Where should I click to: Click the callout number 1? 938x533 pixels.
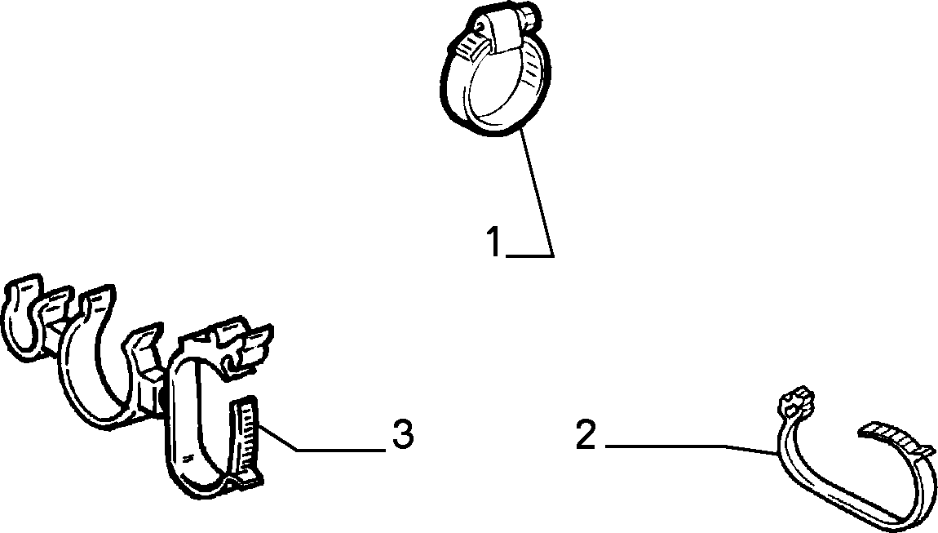click(494, 242)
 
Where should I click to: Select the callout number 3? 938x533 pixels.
click(403, 434)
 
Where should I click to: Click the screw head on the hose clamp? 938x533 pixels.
click(529, 12)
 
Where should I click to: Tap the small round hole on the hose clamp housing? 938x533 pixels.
click(480, 25)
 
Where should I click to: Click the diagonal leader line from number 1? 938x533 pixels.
click(537, 192)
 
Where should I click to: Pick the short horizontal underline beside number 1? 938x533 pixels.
click(529, 255)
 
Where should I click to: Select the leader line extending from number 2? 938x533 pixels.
click(692, 449)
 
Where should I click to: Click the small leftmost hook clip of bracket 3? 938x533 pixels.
click(23, 318)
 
